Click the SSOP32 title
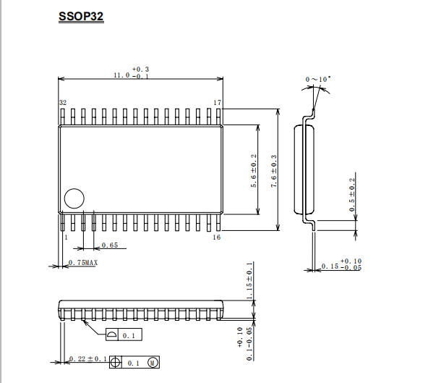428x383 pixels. [81, 17]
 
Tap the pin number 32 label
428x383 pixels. [63, 103]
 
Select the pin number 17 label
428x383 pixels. [218, 103]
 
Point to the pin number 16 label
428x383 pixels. [217, 237]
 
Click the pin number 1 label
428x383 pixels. [66, 237]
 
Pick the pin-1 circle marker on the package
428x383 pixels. [74, 198]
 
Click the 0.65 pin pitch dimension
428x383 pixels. [110, 245]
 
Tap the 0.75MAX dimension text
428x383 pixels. [83, 263]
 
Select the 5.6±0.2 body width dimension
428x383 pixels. [254, 171]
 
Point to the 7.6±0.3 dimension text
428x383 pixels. [273, 172]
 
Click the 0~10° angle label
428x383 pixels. [318, 80]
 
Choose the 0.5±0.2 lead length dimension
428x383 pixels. [352, 195]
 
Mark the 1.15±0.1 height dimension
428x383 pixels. [249, 281]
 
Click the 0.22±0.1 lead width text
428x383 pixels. [88, 359]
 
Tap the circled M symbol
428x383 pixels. [153, 363]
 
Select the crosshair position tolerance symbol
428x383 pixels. [116, 363]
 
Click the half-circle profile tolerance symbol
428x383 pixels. [111, 334]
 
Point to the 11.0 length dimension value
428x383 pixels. [121, 75]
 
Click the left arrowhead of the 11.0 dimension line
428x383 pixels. [61, 79]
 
